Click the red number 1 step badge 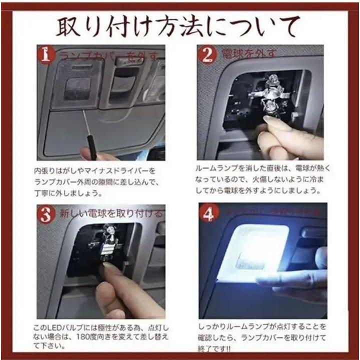(46, 54)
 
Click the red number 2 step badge (206, 54)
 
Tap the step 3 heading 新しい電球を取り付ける (111, 214)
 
